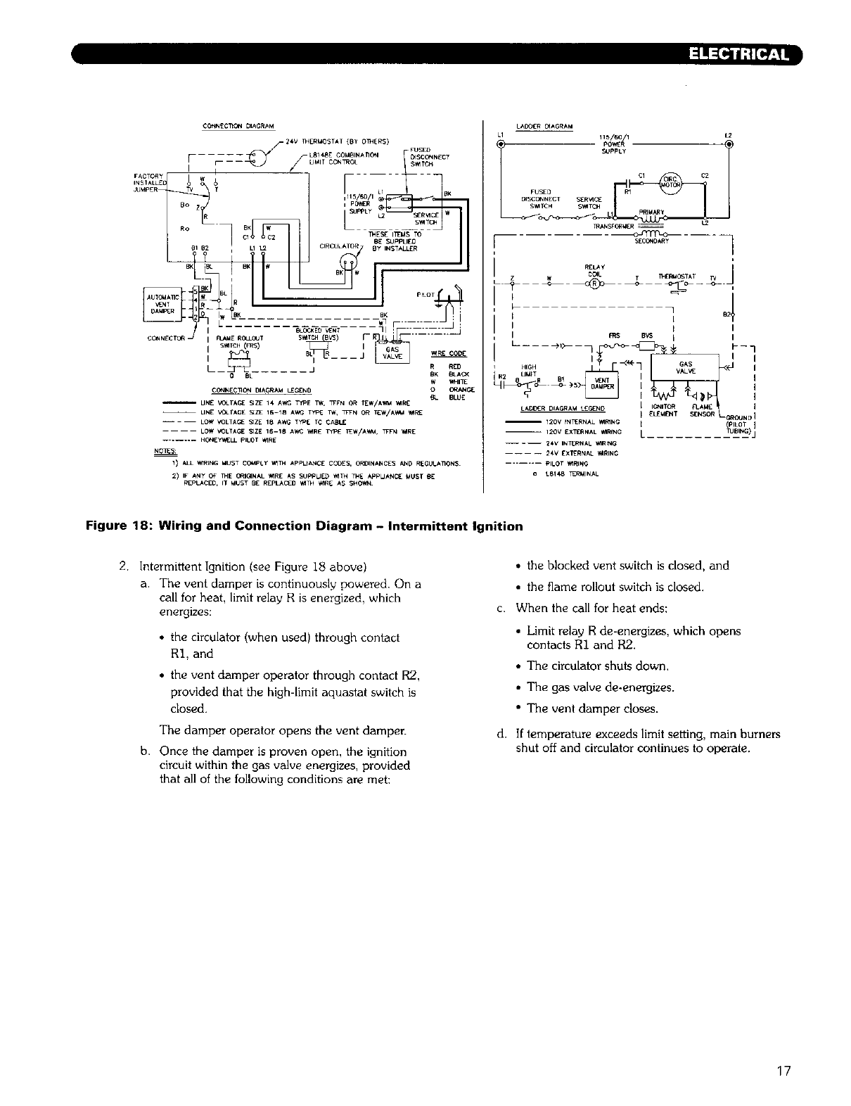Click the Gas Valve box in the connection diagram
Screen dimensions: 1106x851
(x=391, y=352)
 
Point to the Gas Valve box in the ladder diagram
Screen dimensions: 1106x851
(x=684, y=368)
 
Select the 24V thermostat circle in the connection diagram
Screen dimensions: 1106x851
(x=260, y=155)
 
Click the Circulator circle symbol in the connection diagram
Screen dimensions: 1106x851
(x=348, y=262)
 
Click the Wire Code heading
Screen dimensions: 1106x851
(x=444, y=352)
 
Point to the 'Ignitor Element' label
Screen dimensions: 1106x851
(x=664, y=410)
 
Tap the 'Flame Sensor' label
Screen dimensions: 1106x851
(x=703, y=410)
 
